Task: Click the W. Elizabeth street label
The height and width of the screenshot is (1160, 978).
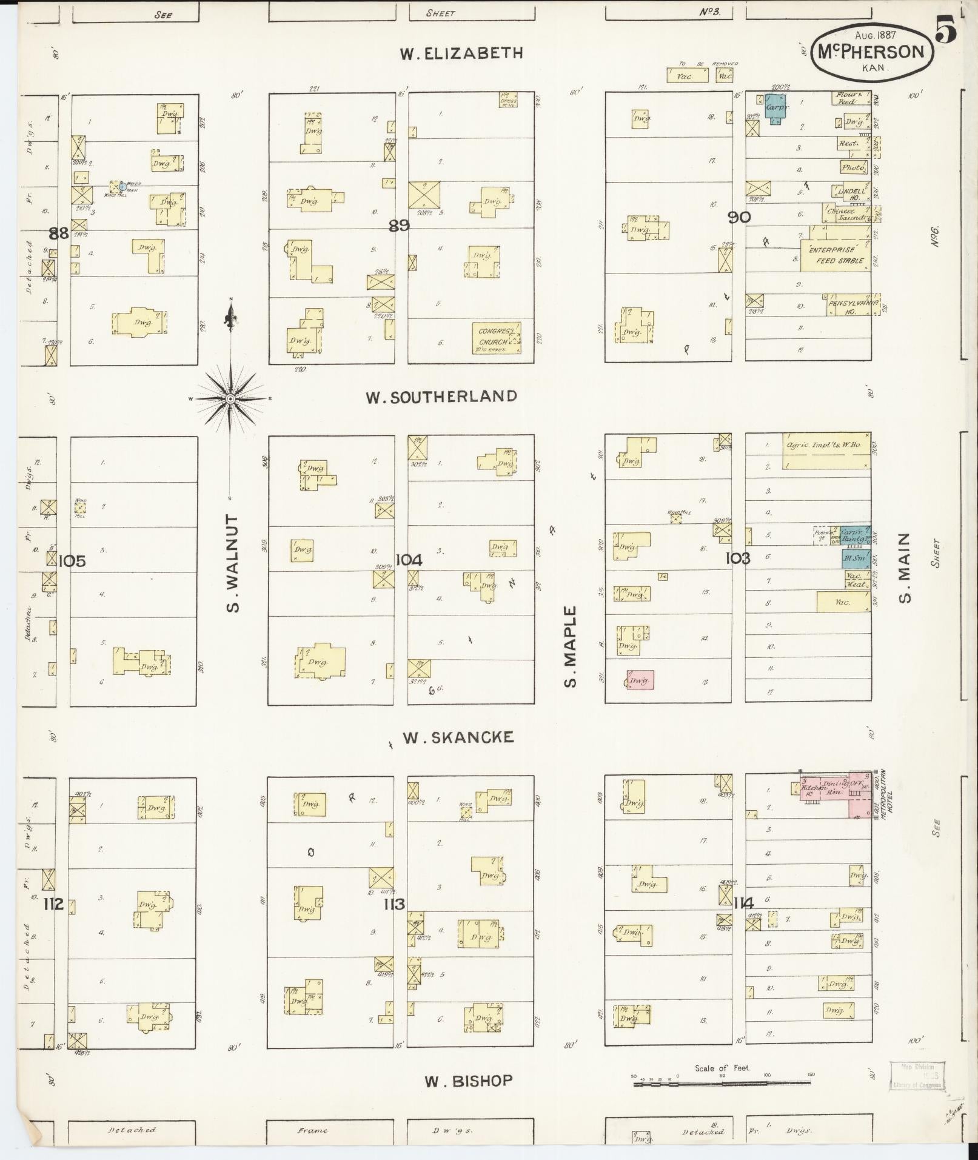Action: coord(461,53)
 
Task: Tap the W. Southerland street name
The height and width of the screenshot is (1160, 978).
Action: coord(441,397)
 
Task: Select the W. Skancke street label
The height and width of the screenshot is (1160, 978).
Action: coord(458,737)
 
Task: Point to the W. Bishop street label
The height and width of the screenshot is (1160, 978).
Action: coord(468,1081)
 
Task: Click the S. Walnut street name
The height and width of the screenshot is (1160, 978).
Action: coord(232,563)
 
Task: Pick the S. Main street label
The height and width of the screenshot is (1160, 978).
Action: coord(905,568)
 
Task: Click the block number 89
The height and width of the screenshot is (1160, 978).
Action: coord(399,226)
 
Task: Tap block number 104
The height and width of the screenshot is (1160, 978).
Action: coord(409,560)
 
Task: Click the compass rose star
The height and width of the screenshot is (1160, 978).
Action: coord(230,398)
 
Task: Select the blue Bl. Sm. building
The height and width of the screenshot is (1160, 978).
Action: coord(856,558)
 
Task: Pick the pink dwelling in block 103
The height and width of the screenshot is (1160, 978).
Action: coord(640,680)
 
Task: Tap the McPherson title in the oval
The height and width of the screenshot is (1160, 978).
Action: coord(871,52)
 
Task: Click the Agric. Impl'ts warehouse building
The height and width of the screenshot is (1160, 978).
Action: coord(826,450)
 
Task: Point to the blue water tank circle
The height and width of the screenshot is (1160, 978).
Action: coord(122,186)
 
